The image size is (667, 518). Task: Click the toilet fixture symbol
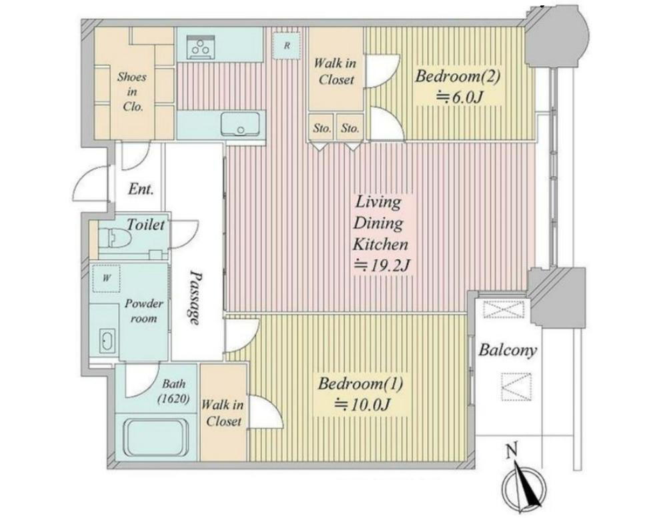tap(113, 238)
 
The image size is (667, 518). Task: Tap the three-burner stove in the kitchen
tap(200, 47)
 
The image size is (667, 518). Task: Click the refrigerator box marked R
tap(287, 45)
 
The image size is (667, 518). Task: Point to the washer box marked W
tap(106, 278)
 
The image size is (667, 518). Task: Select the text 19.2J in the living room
tap(382, 266)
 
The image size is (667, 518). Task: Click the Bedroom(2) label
tap(458, 77)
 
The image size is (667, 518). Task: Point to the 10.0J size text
tap(362, 404)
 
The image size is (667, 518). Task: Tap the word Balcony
tap(507, 351)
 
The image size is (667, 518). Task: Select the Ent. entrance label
tap(141, 189)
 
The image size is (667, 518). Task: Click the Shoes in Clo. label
tap(132, 91)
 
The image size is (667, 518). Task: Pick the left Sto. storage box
tap(322, 127)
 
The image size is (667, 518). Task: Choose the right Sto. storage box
tap(350, 127)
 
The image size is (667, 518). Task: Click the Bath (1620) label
tap(173, 391)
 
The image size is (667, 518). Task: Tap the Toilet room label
tap(145, 225)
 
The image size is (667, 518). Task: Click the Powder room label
tap(144, 311)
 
